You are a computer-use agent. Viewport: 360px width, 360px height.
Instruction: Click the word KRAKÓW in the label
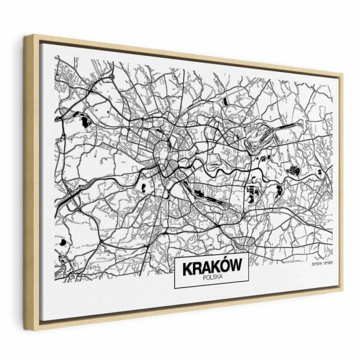point(211,268)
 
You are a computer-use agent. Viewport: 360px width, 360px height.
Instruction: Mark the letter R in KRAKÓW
point(196,268)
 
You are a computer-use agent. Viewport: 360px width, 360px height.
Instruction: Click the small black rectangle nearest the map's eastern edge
point(319,172)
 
